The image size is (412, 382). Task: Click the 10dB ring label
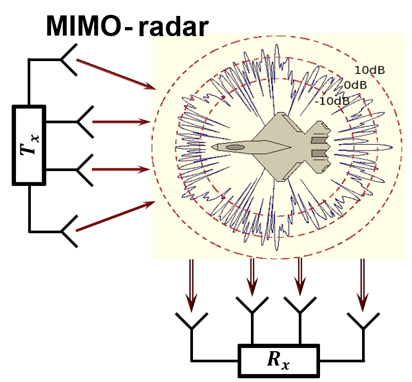click(x=369, y=70)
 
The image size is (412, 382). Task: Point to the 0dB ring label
click(x=356, y=85)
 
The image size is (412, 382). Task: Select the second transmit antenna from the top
click(x=86, y=122)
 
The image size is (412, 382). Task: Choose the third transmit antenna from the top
click(x=86, y=169)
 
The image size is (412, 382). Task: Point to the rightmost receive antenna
click(x=363, y=321)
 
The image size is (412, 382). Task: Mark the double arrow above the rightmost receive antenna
click(x=363, y=284)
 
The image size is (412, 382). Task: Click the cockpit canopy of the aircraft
click(x=235, y=147)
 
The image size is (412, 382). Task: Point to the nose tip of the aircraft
click(x=212, y=147)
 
